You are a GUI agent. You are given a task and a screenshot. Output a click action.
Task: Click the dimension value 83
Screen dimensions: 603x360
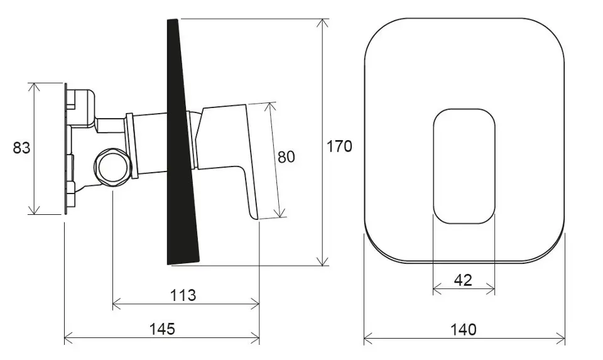[21, 148]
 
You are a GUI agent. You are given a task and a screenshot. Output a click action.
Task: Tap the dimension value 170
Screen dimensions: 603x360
[339, 146]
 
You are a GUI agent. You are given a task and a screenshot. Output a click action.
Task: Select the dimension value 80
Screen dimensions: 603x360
[286, 157]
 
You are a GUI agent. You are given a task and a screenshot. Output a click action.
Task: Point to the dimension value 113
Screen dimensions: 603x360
[183, 295]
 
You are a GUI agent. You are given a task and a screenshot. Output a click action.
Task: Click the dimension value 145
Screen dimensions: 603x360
[162, 329]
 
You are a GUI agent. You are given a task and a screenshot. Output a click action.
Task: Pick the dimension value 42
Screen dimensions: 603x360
[463, 280]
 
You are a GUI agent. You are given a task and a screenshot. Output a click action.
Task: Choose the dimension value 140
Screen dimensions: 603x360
[464, 330]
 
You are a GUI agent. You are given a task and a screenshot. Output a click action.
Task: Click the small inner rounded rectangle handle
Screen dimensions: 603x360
[464, 166]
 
